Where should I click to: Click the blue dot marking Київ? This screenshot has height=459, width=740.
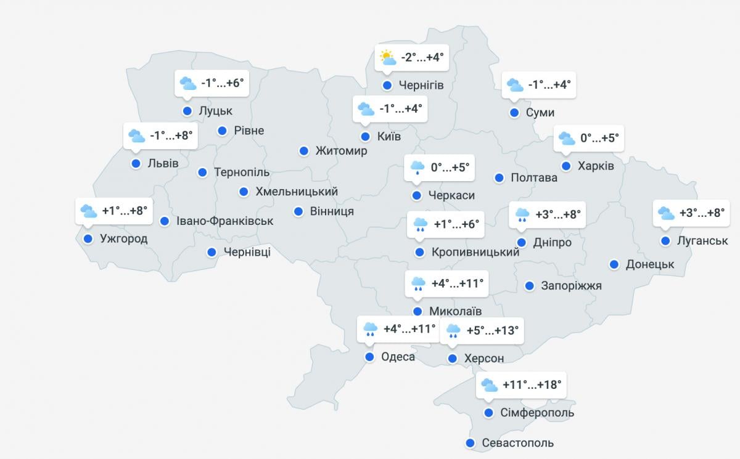(365, 137)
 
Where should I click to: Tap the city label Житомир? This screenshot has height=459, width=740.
(341, 151)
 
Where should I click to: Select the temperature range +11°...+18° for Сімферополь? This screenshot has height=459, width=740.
(532, 385)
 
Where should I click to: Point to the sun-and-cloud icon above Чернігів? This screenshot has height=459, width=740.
(387, 58)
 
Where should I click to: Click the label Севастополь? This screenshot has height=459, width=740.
(517, 443)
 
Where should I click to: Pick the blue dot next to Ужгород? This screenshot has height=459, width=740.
(88, 238)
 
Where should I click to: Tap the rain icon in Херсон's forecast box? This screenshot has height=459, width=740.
(453, 331)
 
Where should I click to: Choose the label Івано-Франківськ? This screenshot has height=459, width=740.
(224, 221)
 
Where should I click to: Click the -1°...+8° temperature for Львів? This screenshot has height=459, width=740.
(171, 136)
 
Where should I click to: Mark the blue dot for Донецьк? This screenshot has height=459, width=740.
(614, 264)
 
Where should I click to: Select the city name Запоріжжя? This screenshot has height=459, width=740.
(571, 286)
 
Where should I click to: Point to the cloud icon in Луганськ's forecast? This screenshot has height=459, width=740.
(666, 213)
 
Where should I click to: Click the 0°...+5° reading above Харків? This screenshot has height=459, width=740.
(599, 138)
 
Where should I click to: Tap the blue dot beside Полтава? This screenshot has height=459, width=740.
(499, 177)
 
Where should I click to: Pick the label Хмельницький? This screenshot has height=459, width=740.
(297, 192)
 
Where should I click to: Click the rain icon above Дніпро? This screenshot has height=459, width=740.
(522, 214)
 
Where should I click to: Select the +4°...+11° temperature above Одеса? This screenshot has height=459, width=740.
(409, 329)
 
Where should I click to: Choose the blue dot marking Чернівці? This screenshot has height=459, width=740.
(212, 251)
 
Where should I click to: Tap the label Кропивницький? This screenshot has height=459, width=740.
(475, 252)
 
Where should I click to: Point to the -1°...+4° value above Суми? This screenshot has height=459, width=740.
(549, 84)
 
